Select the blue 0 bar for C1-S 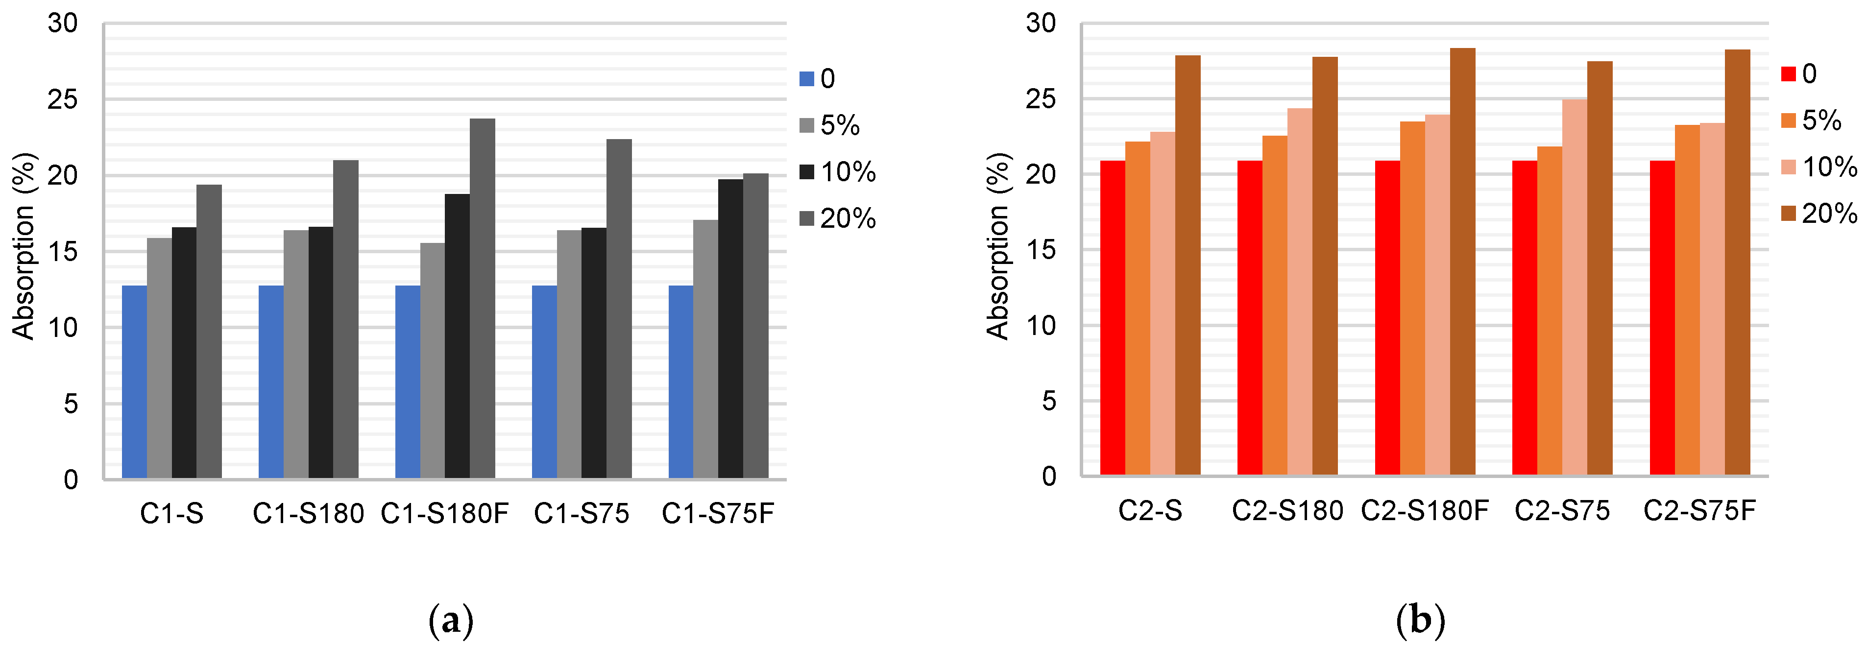click(134, 382)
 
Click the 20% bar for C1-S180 click(346, 319)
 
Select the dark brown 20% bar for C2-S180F click(1462, 262)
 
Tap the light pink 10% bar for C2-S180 click(1300, 291)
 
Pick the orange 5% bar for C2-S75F click(1687, 300)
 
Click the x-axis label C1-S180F click(445, 514)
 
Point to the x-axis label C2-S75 click(1562, 511)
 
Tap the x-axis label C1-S click(172, 514)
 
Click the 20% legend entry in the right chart click(1819, 213)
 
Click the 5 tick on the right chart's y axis click(1049, 401)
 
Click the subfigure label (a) click(451, 621)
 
